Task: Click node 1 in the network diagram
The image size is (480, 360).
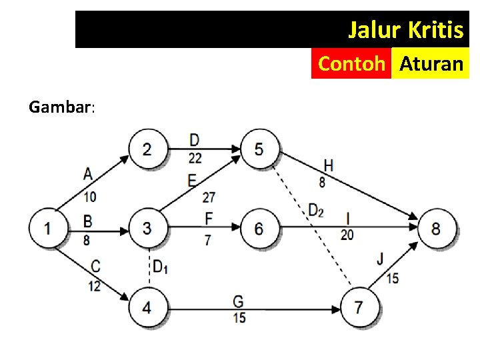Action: [47, 229]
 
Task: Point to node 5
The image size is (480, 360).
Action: [259, 148]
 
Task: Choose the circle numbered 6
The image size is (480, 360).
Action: [259, 229]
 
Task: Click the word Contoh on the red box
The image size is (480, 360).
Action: [351, 64]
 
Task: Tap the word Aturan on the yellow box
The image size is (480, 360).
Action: [431, 64]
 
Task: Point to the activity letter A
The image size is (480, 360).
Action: [88, 174]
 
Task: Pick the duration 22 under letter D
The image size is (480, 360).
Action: [195, 157]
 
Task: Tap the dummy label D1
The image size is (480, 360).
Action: [160, 267]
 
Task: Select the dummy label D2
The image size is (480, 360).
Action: [315, 211]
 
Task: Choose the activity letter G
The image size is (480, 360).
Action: [238, 302]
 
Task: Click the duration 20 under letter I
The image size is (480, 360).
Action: [347, 234]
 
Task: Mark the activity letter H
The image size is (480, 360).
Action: [328, 165]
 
